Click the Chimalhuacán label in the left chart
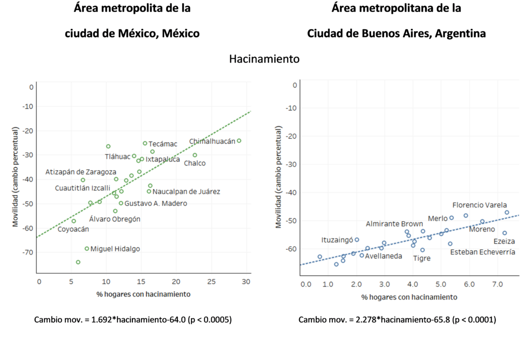tap(212, 141)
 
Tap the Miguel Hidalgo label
tap(115, 249)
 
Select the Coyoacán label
tap(73, 229)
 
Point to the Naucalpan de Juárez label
tap(186, 191)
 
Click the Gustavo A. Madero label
tap(156, 203)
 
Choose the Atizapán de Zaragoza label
tap(81, 172)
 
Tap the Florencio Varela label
tap(479, 205)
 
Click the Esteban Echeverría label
tap(482, 252)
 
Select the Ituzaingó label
tap(337, 240)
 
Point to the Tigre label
tap(421, 258)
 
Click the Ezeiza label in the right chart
tap(504, 242)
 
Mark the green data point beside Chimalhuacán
tap(239, 141)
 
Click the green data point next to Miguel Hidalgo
tap(87, 248)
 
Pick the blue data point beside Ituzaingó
tap(357, 240)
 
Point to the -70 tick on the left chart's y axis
tap(27, 252)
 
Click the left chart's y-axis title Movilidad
tap(15, 178)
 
